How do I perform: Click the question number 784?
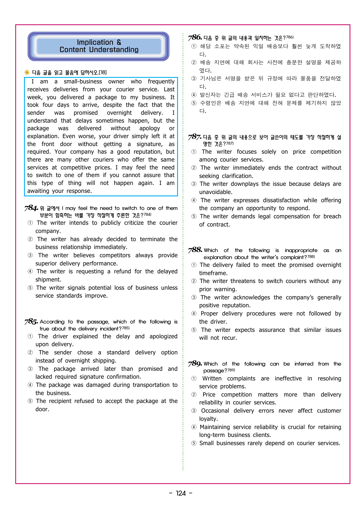point(31,208)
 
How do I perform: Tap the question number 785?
point(31,322)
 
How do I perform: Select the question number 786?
point(195,37)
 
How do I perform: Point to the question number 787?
point(194,137)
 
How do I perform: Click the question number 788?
point(195,250)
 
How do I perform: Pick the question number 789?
point(195,363)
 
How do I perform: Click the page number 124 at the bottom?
point(181,493)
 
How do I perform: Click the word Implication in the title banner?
point(95,42)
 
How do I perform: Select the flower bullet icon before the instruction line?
point(27,72)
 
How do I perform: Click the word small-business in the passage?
point(83,81)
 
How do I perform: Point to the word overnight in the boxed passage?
point(119,113)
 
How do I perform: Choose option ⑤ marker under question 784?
point(30,288)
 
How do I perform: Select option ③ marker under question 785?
point(30,369)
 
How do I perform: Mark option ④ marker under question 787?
point(194,200)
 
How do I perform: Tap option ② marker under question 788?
point(194,281)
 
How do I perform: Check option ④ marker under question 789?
point(194,427)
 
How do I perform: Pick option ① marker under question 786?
point(194,46)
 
